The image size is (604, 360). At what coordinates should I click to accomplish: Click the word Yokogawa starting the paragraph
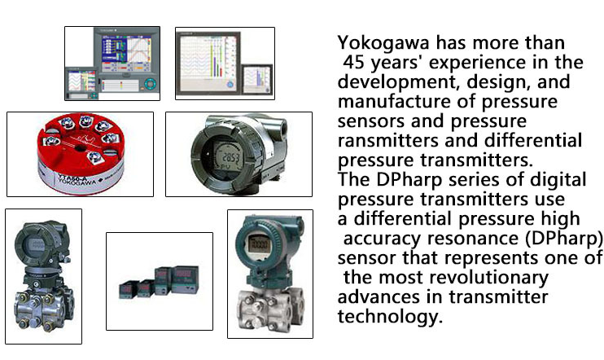(383, 43)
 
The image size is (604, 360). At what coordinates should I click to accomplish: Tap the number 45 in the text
(353, 63)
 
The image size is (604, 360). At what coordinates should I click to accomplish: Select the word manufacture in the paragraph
(394, 101)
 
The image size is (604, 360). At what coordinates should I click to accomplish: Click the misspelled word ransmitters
(388, 140)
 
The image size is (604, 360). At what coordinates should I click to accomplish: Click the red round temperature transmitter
(81, 153)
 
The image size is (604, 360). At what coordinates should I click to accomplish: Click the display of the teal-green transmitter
(258, 244)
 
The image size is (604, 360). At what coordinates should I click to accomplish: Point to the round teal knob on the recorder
(150, 84)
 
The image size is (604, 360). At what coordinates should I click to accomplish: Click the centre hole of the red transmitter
(80, 147)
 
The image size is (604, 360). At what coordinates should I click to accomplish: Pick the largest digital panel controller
(186, 280)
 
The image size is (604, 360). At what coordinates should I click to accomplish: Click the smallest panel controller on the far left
(129, 289)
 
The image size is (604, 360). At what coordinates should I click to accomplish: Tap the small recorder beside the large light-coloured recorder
(256, 79)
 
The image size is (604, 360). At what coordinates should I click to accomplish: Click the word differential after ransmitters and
(533, 140)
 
